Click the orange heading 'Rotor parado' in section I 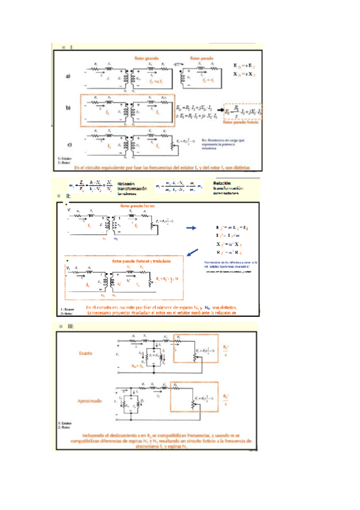[202, 58]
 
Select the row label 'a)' [69, 76]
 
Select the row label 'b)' [69, 108]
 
